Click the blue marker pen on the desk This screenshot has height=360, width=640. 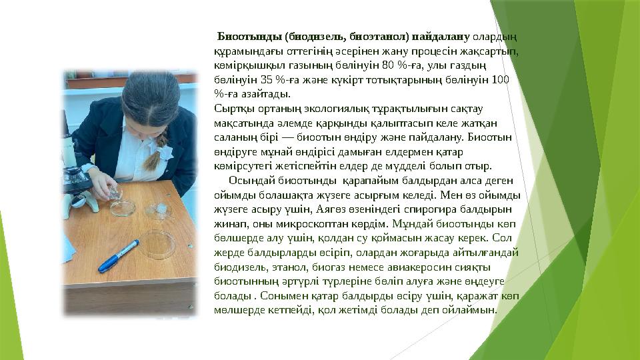point(119,256)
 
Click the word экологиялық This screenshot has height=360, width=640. point(313,109)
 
